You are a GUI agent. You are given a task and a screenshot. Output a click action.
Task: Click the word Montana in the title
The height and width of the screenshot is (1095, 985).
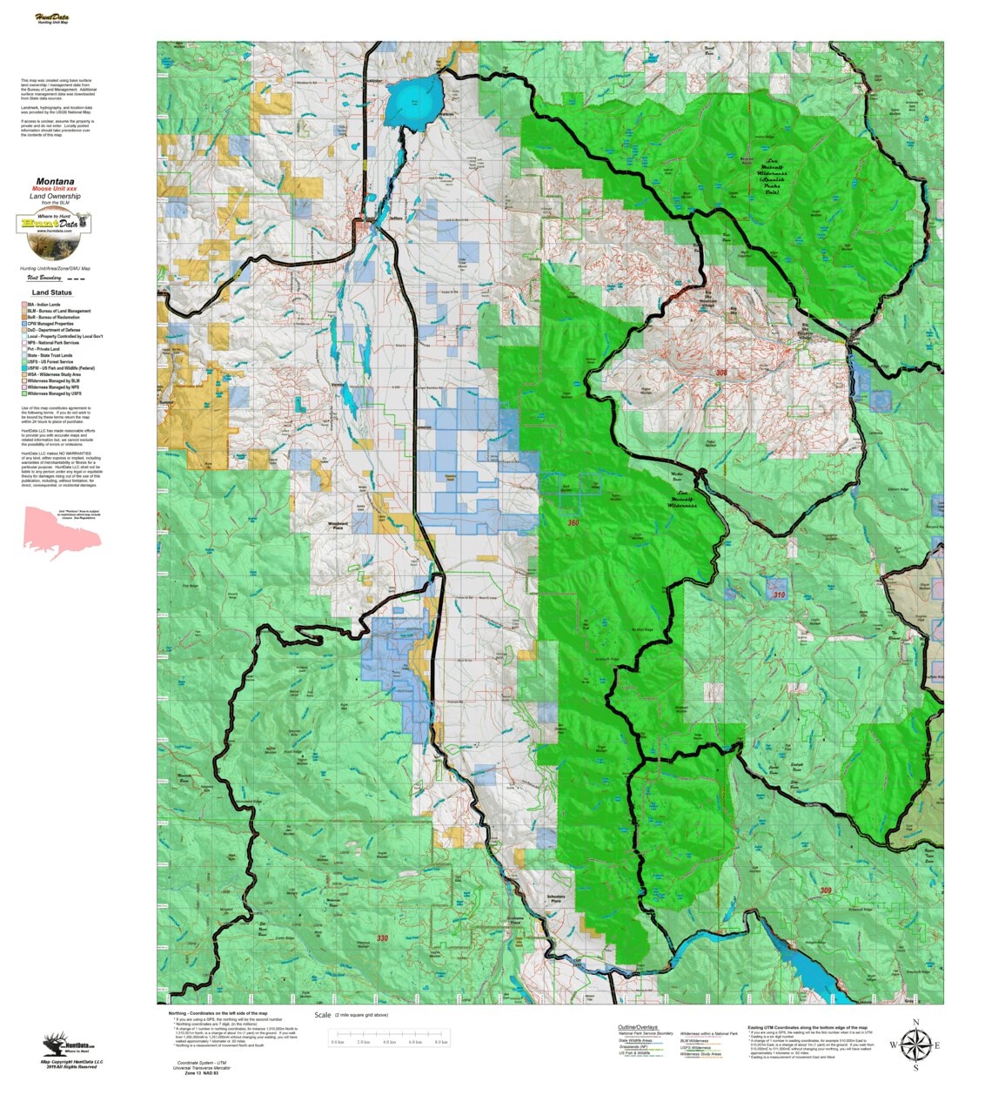point(55,182)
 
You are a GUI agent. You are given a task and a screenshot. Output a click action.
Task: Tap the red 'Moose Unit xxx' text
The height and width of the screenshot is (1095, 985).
point(55,189)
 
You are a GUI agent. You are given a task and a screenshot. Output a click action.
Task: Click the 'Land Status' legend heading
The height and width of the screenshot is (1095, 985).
point(52,292)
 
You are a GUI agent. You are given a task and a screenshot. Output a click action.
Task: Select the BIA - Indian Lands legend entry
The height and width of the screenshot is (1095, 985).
point(44,305)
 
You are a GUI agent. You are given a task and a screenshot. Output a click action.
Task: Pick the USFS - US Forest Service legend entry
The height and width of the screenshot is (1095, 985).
point(50,362)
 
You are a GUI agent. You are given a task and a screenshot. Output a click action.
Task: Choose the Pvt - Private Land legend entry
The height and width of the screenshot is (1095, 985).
point(44,349)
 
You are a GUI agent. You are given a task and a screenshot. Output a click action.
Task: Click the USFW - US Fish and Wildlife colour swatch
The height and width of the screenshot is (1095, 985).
point(24,368)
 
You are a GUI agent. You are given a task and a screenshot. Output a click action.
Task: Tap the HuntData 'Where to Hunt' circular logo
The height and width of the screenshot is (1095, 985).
point(54,223)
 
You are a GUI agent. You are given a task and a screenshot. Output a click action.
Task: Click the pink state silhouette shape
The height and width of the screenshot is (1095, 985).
point(61,533)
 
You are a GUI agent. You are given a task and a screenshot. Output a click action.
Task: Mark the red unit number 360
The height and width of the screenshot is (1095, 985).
point(573,523)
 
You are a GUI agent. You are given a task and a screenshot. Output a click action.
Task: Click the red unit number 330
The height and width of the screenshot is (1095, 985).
point(382,938)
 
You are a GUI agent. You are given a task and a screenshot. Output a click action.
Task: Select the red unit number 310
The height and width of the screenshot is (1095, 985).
point(779,595)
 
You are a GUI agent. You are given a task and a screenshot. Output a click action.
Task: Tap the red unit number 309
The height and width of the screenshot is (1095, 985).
point(825,890)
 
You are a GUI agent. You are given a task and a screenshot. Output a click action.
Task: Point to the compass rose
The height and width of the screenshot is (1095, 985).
point(915,1045)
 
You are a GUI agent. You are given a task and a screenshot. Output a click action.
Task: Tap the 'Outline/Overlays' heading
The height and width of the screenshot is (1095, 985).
point(638,1027)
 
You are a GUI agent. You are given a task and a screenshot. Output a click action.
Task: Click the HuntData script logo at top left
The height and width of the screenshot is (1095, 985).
point(52,18)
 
